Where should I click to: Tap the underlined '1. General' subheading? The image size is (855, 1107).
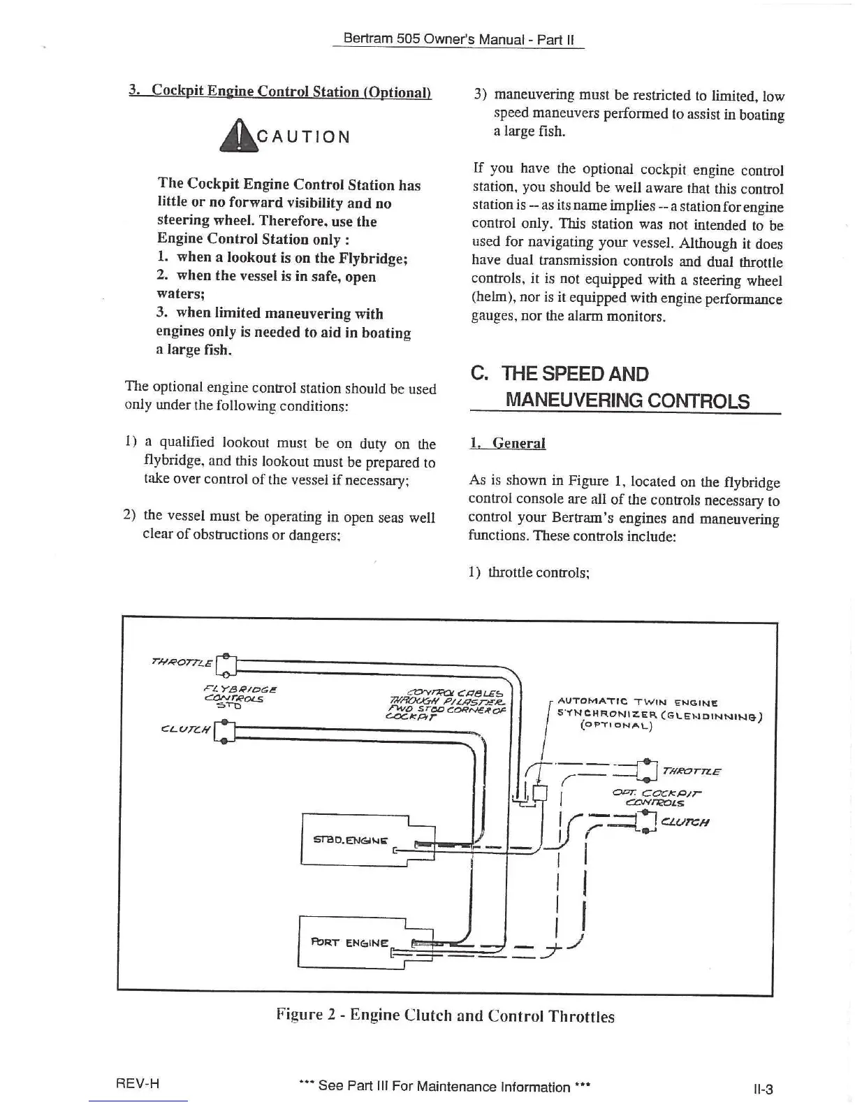pos(508,443)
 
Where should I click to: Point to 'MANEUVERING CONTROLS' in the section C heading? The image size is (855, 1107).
pos(627,400)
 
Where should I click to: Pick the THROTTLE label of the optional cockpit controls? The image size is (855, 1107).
pos(691,771)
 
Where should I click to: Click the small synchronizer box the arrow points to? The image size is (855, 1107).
pos(540,793)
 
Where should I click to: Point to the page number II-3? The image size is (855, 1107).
pos(763,1088)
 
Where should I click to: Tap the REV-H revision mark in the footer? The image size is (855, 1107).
pos(138,1083)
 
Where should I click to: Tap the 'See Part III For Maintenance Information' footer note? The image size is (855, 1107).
pos(444,1086)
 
